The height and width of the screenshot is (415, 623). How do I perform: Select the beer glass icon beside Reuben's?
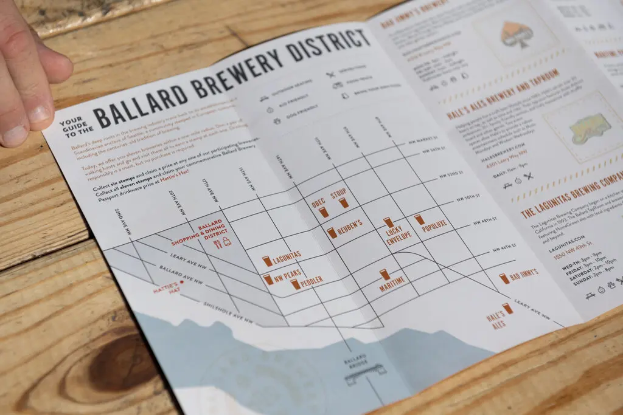coord(331,233)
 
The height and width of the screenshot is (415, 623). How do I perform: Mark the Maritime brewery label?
coord(392,284)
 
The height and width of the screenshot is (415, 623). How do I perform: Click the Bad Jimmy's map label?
coord(523,275)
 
